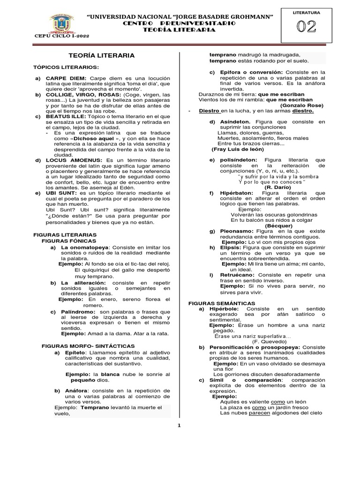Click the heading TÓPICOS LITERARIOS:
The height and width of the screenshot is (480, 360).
(66, 67)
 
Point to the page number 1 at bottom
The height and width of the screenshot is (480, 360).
(179, 425)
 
